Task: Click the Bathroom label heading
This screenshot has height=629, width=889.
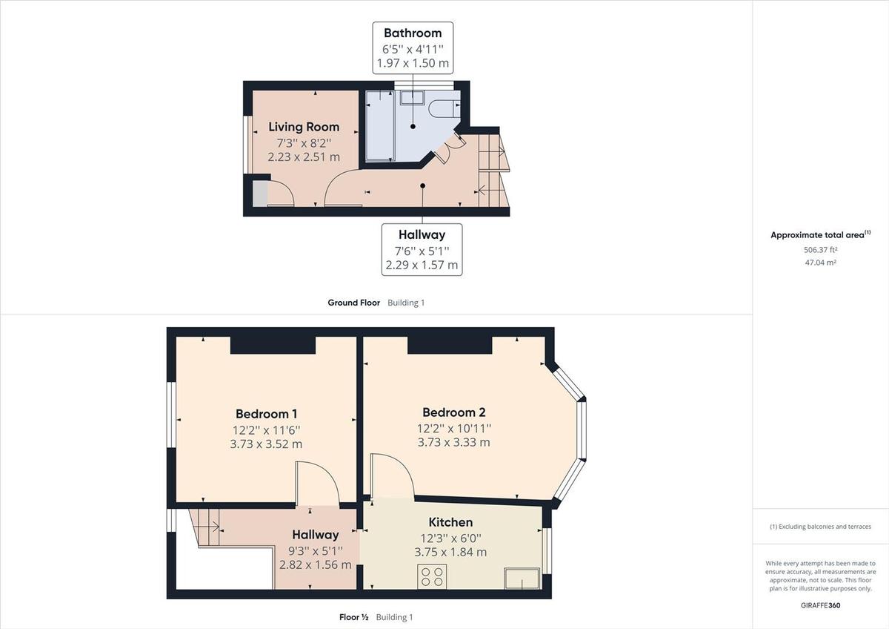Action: click(413, 33)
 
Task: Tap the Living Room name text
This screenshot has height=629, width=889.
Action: click(304, 127)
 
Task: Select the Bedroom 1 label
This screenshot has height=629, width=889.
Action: click(266, 414)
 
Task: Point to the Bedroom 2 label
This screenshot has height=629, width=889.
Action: click(453, 412)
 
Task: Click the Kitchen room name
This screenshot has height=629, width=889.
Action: click(450, 522)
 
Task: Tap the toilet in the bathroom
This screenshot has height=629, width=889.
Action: click(444, 108)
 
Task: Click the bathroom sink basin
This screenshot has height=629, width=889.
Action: click(412, 97)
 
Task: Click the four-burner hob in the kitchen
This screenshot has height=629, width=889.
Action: click(433, 576)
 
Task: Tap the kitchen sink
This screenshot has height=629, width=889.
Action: click(522, 578)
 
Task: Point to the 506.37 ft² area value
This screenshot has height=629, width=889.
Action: click(820, 250)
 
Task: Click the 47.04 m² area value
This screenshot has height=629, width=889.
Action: click(820, 263)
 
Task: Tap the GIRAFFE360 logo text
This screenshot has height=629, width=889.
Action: click(820, 605)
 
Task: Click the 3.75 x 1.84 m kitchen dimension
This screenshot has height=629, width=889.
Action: click(450, 552)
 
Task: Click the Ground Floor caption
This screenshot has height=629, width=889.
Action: click(354, 303)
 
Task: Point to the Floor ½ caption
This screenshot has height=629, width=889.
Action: click(354, 617)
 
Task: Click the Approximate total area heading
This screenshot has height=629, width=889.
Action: click(818, 235)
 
